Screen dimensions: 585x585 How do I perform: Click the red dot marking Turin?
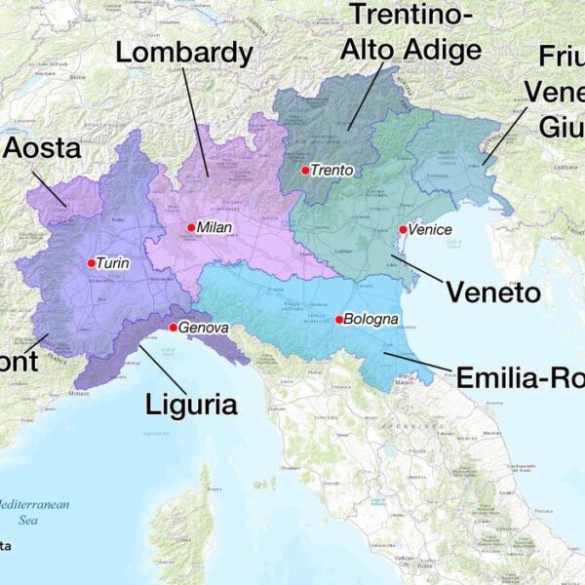click(x=91, y=262)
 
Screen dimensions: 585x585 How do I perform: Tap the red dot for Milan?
click(x=191, y=227)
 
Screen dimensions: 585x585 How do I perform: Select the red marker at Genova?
click(x=173, y=328)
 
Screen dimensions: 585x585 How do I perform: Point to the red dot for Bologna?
click(x=339, y=320)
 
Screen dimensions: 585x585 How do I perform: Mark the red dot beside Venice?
click(x=403, y=229)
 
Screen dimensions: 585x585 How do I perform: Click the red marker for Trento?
click(x=305, y=171)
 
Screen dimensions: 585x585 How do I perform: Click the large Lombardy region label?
click(x=184, y=53)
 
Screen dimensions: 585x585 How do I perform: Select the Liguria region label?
click(x=191, y=403)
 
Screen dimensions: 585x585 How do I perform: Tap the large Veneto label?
click(x=492, y=292)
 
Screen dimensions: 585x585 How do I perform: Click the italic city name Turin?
click(x=114, y=263)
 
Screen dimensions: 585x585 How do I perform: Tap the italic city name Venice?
click(x=430, y=229)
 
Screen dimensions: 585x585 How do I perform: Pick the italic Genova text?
click(x=203, y=328)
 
